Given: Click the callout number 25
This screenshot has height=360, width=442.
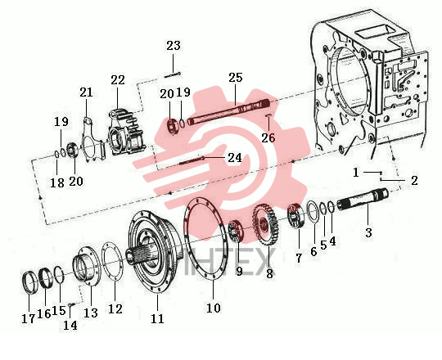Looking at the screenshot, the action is pyautogui.click(x=236, y=78).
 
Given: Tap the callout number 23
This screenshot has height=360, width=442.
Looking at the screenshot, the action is pyautogui.click(x=174, y=45).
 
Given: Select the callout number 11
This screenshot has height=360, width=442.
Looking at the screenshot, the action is pyautogui.click(x=157, y=318).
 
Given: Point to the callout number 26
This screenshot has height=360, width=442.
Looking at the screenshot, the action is pyautogui.click(x=268, y=137).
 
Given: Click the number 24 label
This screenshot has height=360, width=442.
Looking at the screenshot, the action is pyautogui.click(x=235, y=158).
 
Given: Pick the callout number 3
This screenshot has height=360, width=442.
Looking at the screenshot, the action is pyautogui.click(x=368, y=232).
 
